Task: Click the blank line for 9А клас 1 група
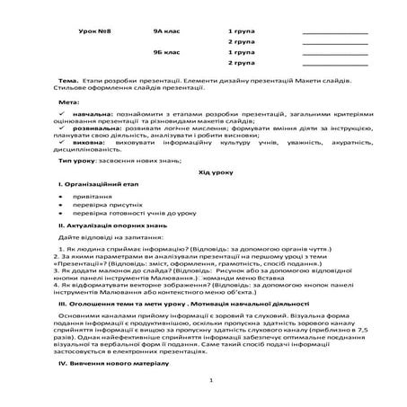pos(335,33)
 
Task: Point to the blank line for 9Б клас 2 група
pos(335,66)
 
